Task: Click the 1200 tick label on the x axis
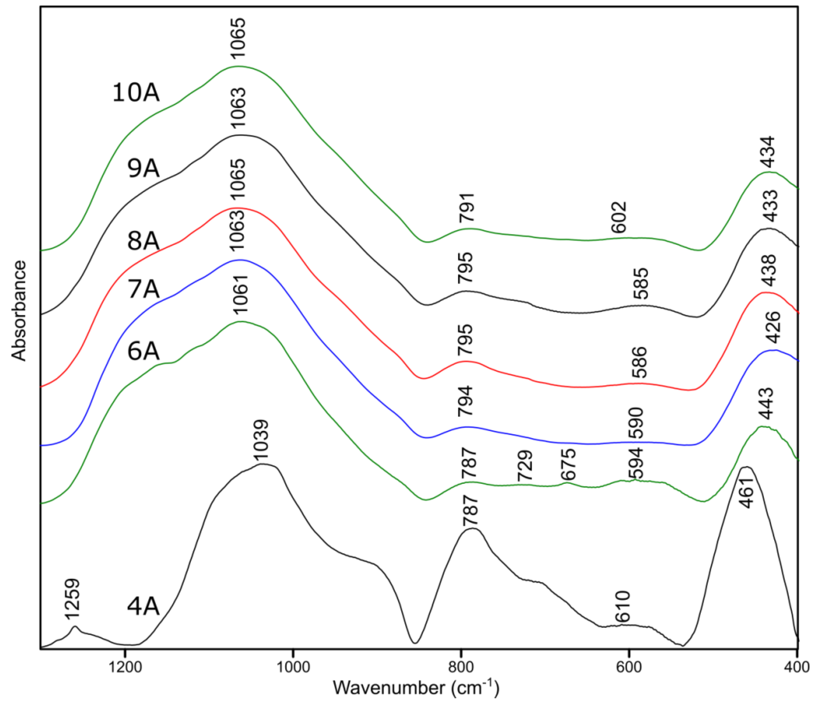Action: point(125,668)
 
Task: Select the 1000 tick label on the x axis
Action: point(293,668)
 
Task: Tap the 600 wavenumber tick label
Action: point(629,668)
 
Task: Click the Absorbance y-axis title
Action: point(18,311)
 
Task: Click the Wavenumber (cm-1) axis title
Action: point(416,689)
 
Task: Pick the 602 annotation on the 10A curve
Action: point(619,217)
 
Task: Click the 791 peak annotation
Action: point(468,208)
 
